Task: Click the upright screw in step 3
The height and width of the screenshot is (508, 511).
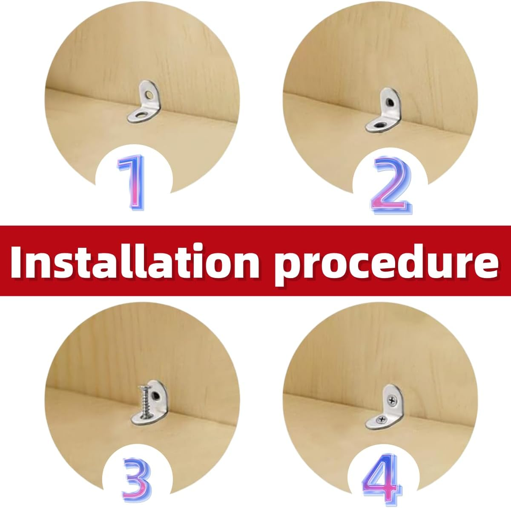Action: click(x=145, y=401)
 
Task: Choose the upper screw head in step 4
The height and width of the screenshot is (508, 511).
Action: click(x=390, y=400)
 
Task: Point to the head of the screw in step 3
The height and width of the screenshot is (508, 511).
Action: click(x=143, y=388)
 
